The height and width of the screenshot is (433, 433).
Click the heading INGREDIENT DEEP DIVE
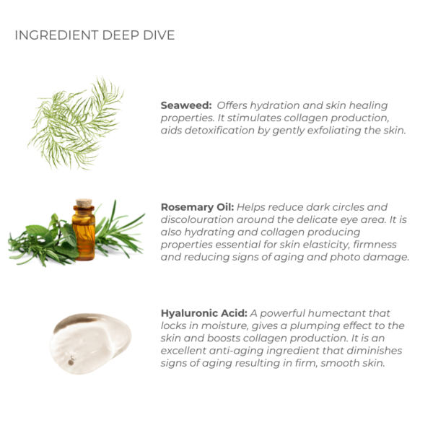pyautogui.click(x=95, y=35)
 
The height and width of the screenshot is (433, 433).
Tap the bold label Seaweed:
pyautogui.click(x=186, y=105)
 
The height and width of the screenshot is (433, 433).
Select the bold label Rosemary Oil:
pyautogui.click(x=197, y=207)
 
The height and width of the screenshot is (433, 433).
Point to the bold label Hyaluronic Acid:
pyautogui.click(x=204, y=313)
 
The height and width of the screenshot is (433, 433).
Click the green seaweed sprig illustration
pyautogui.click(x=76, y=123)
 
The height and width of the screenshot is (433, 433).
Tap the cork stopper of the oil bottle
pyautogui.click(x=84, y=204)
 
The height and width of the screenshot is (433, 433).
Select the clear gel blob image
pyautogui.click(x=90, y=344)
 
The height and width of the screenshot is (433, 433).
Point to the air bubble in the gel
pyautogui.click(x=71, y=362)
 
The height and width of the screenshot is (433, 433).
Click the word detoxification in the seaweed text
pyautogui.click(x=219, y=130)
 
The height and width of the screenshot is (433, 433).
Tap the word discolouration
pyautogui.click(x=197, y=219)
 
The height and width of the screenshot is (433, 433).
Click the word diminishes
pyautogui.click(x=374, y=351)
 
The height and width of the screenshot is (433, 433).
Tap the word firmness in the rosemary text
pyautogui.click(x=375, y=245)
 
